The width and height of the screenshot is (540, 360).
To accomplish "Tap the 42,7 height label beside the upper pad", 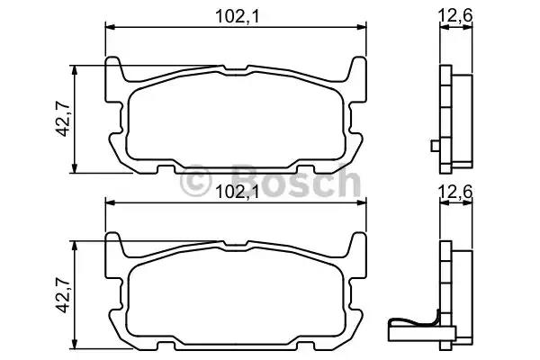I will pos(60,119).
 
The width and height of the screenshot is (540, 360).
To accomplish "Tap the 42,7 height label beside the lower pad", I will pos(60,294).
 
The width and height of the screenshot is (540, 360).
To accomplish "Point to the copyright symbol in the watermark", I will pos(198,184).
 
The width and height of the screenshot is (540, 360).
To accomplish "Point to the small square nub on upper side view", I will pos(436,146).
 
